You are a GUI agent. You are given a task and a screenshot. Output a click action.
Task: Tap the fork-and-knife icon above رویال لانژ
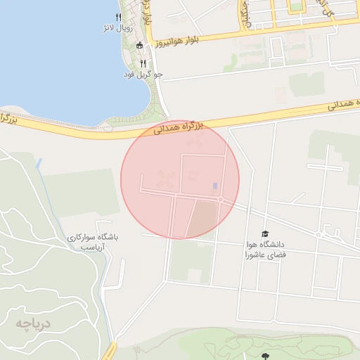[117, 17]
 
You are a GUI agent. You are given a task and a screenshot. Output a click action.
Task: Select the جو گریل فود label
[144, 74]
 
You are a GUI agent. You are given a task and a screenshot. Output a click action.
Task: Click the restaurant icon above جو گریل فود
[143, 63]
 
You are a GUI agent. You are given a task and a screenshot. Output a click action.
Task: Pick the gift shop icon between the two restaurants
[139, 46]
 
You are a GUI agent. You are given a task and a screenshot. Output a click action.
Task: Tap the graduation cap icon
[265, 234]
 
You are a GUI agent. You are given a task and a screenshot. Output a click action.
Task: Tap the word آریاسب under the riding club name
[91, 248]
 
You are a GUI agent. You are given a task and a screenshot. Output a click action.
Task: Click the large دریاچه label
[34, 323]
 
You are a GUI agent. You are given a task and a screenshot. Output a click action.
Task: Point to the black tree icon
[265, 356]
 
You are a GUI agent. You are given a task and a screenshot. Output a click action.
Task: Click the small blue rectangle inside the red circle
[214, 186]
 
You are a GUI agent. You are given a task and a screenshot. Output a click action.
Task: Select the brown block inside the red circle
[202, 219]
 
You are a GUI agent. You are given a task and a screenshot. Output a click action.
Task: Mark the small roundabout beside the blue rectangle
[220, 200]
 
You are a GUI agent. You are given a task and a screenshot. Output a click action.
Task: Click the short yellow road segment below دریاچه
[109, 352]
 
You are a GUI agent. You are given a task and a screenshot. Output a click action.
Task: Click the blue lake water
[49, 56]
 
